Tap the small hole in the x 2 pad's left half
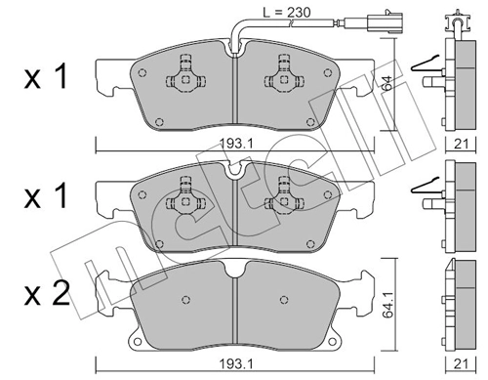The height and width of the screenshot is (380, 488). (183, 295)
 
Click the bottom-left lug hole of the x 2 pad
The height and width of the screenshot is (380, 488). (139, 341)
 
